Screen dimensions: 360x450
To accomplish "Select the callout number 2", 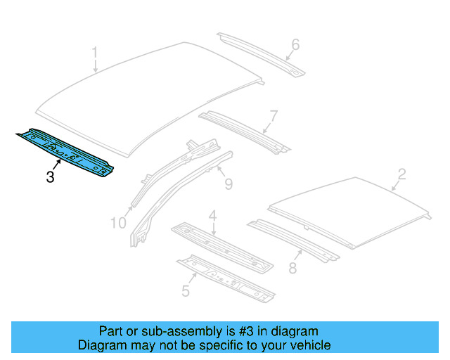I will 401,174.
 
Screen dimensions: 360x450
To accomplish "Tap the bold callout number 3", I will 50,176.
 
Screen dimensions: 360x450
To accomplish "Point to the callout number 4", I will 212,217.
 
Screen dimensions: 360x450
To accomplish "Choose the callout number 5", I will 186,289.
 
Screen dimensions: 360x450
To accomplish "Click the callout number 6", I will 295,45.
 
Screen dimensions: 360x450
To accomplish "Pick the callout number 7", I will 274,116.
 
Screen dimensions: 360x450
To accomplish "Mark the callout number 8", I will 292,268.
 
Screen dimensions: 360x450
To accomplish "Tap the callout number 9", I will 229,185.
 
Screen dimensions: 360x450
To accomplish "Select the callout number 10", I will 119,223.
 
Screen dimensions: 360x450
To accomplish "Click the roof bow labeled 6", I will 260,53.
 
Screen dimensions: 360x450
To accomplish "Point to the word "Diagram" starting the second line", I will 101,345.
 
